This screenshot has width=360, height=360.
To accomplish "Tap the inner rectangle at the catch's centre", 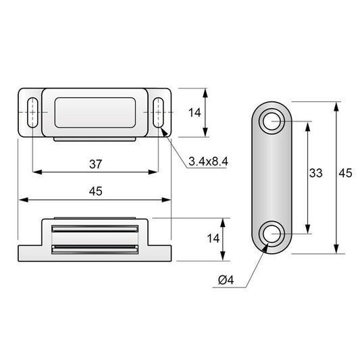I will coord(95,112).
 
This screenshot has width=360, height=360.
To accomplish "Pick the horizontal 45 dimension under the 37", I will coord(95,191).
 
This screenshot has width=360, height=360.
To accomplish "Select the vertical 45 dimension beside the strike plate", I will coord(345,173).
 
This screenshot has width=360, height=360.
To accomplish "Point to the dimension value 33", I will coord(315,173).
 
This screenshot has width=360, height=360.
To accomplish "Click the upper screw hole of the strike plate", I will coord(274,122).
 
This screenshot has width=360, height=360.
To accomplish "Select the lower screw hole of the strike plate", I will coord(274,234).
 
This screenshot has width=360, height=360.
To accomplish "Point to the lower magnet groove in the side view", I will coord(95,250).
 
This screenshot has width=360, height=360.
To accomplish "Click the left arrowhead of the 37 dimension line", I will coord(36,172).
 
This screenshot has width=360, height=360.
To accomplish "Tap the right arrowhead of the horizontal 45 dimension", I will coord(166,200).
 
